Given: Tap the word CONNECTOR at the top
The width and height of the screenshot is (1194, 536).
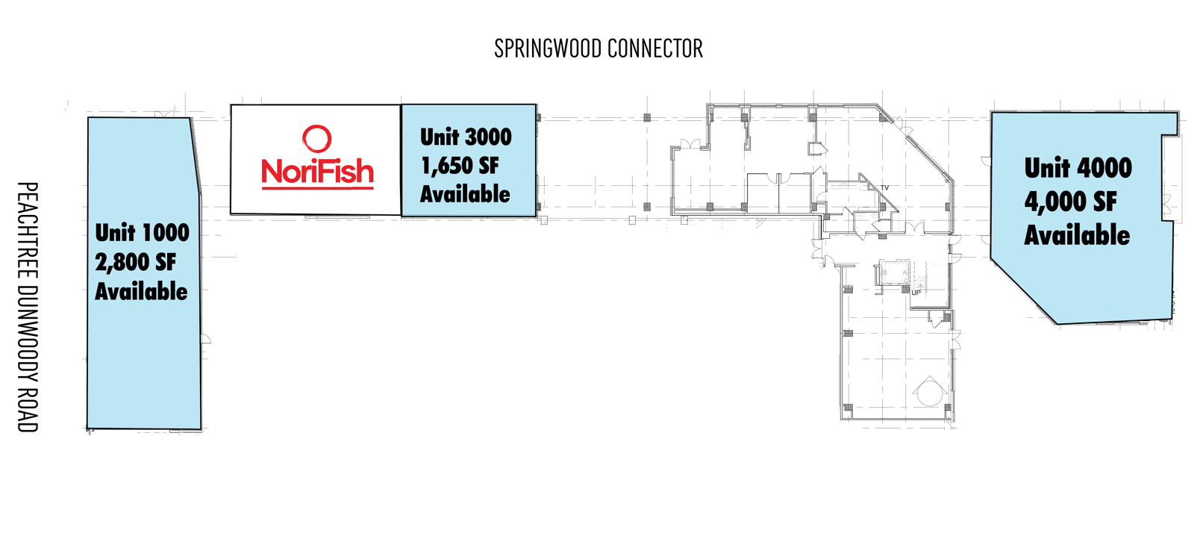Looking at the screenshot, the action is (655, 49).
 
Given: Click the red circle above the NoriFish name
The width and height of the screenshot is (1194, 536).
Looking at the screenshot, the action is (317, 139).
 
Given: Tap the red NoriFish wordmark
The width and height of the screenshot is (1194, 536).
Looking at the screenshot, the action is (317, 171).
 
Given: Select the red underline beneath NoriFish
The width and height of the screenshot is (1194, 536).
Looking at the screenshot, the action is (317, 187).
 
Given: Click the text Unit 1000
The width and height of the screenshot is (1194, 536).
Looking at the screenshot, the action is (143, 232).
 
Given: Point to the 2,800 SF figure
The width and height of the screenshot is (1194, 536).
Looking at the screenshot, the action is (135, 262).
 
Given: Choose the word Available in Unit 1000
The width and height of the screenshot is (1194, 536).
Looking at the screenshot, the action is (141, 292).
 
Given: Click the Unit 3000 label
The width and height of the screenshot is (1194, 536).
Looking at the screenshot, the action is (466, 137).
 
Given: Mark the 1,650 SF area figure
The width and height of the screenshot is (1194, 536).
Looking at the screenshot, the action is (460, 166).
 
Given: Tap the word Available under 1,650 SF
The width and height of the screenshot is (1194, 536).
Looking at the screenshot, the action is (465, 194).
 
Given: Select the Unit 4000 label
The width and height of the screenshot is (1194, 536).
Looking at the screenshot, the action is (1078, 168).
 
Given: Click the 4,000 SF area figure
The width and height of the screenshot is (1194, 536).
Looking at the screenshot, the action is (1070, 202).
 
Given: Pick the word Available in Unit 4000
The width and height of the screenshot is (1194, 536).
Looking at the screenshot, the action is (1077, 235).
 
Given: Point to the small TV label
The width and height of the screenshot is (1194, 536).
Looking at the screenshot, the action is (885, 187).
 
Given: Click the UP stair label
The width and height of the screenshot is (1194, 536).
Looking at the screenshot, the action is (916, 293).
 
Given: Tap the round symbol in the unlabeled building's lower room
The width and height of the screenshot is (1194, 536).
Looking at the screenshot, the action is (930, 392).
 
